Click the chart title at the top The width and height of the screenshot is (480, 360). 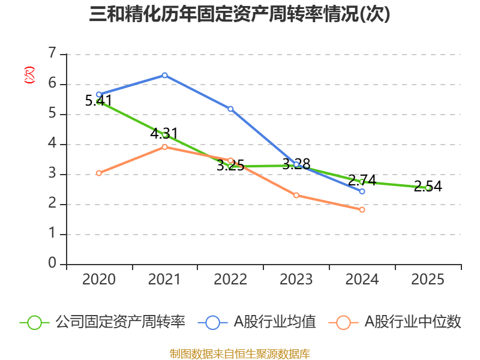click(239, 14)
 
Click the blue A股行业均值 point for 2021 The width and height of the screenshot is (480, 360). click(164, 75)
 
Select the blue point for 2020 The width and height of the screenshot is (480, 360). click(98, 94)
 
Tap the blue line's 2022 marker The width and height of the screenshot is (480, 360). click(230, 109)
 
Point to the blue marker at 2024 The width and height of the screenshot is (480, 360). click(362, 191)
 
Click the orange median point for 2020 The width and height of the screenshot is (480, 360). click(98, 173)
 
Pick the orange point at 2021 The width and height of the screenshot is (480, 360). click(164, 147)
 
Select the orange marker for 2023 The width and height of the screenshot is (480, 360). click(296, 195)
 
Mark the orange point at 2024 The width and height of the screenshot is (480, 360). click(362, 209)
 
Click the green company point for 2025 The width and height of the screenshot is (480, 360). click(428, 188)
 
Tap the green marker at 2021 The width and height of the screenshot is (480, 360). click(164, 134)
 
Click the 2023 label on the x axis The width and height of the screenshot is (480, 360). click(296, 280)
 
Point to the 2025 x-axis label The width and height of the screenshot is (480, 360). click(428, 280)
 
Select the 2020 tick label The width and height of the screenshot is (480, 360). click(98, 280)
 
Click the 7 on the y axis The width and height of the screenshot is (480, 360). click(53, 54)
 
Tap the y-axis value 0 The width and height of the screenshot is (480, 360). click(53, 264)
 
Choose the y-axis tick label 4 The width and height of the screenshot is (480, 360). click(53, 144)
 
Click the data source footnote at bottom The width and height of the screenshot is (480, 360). click(239, 353)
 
